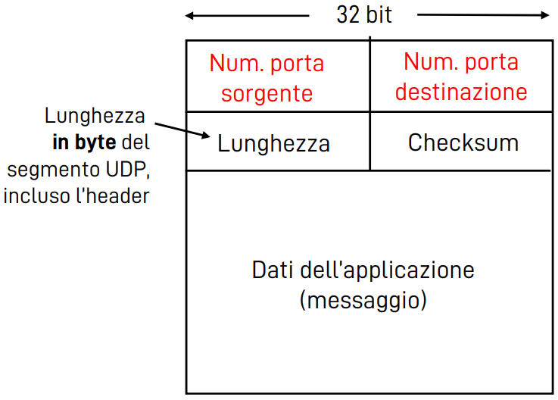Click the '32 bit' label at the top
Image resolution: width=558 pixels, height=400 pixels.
coord(364,14)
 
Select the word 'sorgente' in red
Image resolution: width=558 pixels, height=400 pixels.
coord(261,93)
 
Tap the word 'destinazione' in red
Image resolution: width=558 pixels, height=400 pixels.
coord(461,92)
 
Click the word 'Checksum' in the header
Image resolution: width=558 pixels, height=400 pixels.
coord(463,142)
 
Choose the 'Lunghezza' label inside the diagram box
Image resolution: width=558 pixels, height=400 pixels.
coord(273,143)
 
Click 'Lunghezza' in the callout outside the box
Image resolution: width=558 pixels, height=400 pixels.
coord(94,117)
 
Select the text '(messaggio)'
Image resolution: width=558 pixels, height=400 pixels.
coord(363,300)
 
